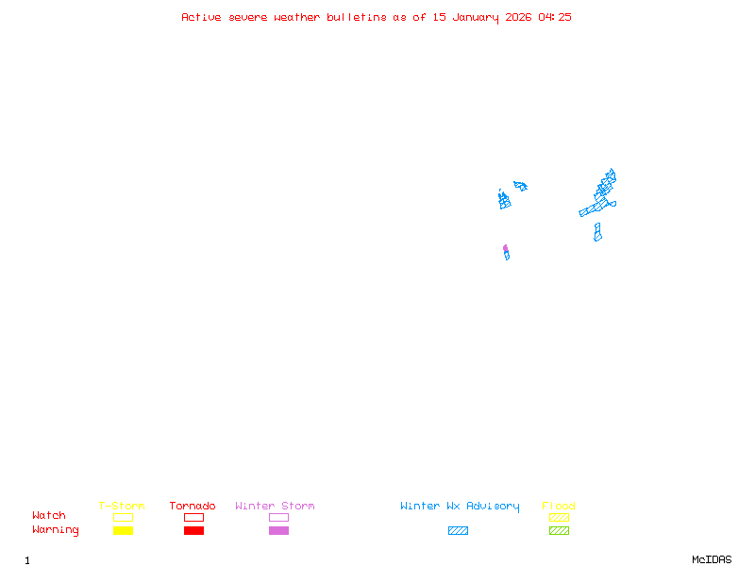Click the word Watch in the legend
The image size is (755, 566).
click(x=49, y=516)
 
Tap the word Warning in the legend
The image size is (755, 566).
click(x=56, y=530)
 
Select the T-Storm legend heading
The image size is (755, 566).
click(x=122, y=507)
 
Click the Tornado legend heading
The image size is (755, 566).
click(x=193, y=507)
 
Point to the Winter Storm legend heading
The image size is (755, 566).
click(x=275, y=507)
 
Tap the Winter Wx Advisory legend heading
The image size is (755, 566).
click(x=460, y=507)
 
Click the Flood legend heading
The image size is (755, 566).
click(x=559, y=507)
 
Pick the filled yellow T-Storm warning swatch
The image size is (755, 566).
click(x=123, y=531)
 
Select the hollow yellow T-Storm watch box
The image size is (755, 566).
click(x=123, y=517)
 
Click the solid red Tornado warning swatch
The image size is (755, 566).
click(x=193, y=531)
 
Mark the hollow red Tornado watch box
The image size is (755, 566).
click(x=193, y=517)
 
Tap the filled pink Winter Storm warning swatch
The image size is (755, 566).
click(x=278, y=531)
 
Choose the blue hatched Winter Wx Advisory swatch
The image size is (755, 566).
click(x=458, y=531)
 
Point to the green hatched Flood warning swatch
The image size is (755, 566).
click(x=559, y=531)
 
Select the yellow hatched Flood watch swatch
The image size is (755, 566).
click(x=559, y=517)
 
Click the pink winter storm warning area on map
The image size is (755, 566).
click(x=505, y=248)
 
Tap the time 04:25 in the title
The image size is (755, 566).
click(x=555, y=17)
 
